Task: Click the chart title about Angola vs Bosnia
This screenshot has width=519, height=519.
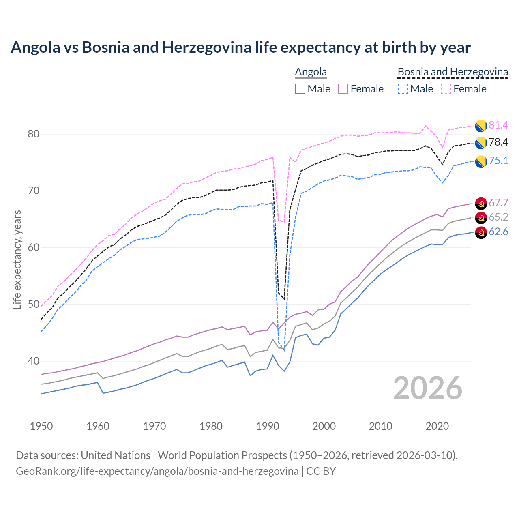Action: pos(240,47)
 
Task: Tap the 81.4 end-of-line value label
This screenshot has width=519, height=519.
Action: pos(498,125)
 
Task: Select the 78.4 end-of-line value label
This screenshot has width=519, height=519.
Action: pos(498,142)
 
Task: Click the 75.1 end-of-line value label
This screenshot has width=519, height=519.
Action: pos(498,161)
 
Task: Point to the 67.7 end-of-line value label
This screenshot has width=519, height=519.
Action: pos(498,203)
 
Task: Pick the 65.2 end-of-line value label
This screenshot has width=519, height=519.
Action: pos(498,217)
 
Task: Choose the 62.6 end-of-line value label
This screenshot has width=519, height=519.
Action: pos(498,232)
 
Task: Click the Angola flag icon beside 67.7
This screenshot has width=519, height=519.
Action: pos(481,204)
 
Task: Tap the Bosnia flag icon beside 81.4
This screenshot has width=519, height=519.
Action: pos(481,126)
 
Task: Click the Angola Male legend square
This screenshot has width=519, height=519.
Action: pos(300,89)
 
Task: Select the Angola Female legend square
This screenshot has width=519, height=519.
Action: pos(343,89)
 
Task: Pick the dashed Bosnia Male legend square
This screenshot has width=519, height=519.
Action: pos(403,89)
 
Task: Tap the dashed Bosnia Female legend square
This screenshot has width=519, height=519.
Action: pos(446,89)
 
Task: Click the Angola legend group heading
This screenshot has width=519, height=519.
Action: pos(311,72)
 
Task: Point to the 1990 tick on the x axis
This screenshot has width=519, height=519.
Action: pos(268,426)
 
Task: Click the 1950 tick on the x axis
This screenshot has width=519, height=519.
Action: pos(42,426)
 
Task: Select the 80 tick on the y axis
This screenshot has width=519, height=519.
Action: pos(33,134)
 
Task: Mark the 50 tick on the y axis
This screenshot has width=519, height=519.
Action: pos(33,305)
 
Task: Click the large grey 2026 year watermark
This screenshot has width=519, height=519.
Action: pos(427,388)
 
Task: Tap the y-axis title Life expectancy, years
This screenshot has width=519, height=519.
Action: pos(17,259)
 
